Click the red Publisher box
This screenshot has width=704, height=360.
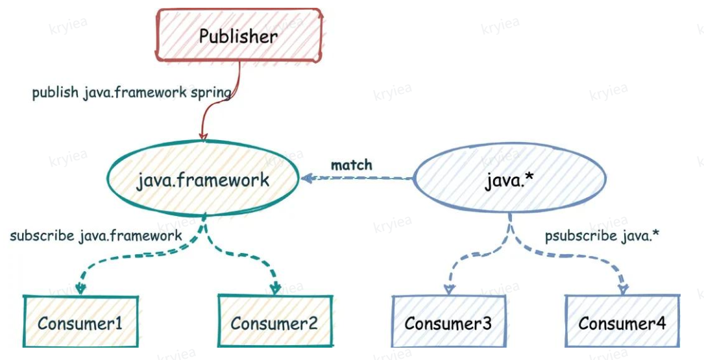tap(239, 36)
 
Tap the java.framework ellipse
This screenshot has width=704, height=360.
tap(202, 179)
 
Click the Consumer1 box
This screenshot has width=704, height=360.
tap(80, 322)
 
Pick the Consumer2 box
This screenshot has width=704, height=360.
tap(274, 322)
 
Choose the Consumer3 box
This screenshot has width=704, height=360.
tap(448, 322)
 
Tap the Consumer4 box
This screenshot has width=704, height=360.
tap(622, 322)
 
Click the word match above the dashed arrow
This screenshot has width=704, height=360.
tap(352, 165)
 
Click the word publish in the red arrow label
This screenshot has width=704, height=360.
tap(56, 93)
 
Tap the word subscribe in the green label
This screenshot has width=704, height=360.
tap(42, 235)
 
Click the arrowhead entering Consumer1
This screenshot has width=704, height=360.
tap(80, 291)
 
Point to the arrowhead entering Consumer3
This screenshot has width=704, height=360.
tap(448, 291)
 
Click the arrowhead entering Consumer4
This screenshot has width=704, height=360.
tap(622, 290)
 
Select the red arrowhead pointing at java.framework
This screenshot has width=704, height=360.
tap(203, 136)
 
